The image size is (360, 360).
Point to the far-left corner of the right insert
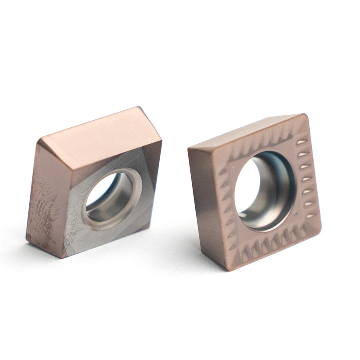coord(189,148)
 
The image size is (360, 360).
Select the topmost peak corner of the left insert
coord(137,108)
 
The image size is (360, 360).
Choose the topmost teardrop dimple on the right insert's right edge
coord(302,141)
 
